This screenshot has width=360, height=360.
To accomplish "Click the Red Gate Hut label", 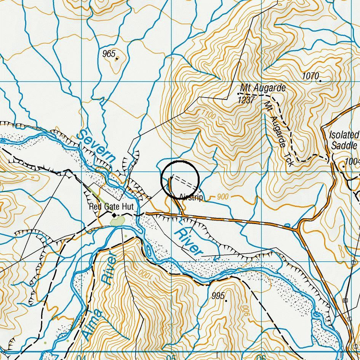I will click(x=111, y=207).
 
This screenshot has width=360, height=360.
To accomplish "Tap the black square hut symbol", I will click(x=114, y=215).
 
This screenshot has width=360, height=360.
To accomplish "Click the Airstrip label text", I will click(x=191, y=197).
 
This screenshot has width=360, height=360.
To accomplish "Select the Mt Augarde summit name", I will click(x=263, y=88).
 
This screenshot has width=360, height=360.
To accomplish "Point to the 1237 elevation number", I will click(x=246, y=100).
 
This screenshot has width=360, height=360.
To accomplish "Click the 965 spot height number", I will click(x=109, y=54).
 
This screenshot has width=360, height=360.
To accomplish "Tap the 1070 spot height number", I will click(x=310, y=76).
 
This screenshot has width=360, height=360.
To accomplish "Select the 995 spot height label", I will click(x=218, y=296).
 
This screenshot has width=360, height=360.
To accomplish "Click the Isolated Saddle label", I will click(x=344, y=140).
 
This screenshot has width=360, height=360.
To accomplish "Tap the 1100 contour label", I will click(x=208, y=114).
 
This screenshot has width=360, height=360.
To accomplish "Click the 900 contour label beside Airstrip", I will click(x=223, y=197).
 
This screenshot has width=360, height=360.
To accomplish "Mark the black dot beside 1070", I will click(x=320, y=81).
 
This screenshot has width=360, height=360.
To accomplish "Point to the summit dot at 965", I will click(x=117, y=58).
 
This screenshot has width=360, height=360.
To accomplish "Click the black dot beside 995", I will click(x=226, y=301).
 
